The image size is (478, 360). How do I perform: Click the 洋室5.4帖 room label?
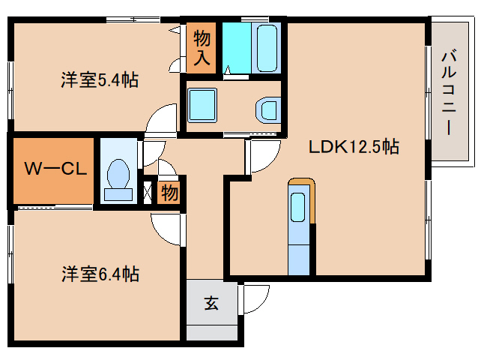(100, 80)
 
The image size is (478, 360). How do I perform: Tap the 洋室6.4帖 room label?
(100, 274)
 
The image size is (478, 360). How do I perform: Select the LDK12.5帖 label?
(354, 147)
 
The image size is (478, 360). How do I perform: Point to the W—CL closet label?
(55, 168)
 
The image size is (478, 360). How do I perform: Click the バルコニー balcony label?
(449, 93)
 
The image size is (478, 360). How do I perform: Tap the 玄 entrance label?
(211, 303)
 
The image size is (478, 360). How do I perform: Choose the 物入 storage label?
(202, 48)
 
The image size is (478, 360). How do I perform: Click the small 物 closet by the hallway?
(169, 193)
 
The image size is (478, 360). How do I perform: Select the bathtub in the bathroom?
(267, 48)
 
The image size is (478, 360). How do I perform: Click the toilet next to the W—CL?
(118, 180)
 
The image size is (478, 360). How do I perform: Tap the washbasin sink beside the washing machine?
(268, 110)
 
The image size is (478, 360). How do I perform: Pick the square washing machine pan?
(202, 105)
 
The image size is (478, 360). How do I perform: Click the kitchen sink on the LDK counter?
(298, 208)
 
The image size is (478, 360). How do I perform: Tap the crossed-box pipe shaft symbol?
(148, 193)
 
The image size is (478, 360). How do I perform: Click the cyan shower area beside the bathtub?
(237, 48)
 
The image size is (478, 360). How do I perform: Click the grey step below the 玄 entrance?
(212, 333)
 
